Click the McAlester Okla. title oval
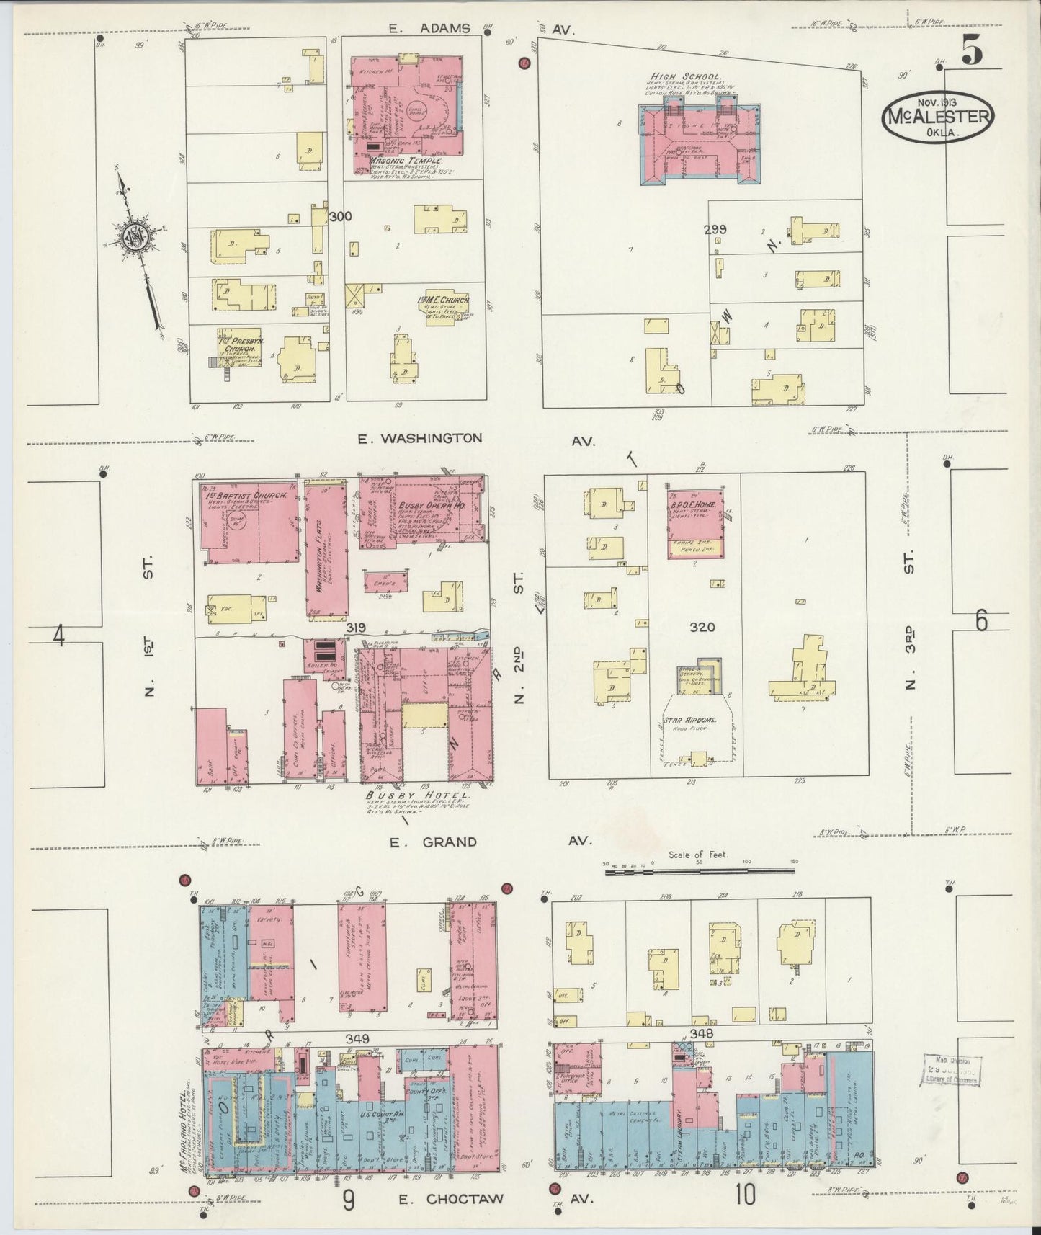click(937, 116)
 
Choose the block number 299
click(715, 230)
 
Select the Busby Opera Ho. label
click(432, 507)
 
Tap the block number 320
click(702, 627)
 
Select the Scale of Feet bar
click(699, 871)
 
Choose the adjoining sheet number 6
click(981, 620)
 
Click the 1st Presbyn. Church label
click(240, 342)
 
